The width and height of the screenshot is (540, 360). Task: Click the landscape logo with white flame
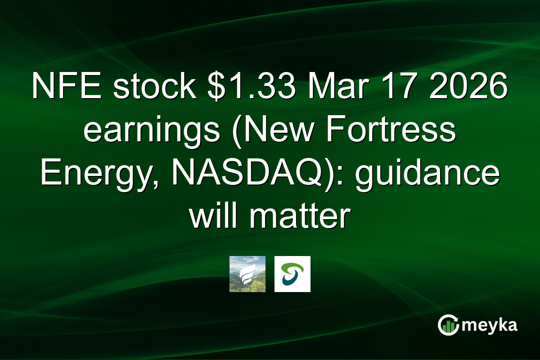coord(247,274)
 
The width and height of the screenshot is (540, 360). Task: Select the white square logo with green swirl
coord(292,274)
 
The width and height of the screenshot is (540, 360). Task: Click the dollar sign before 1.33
coord(202,89)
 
